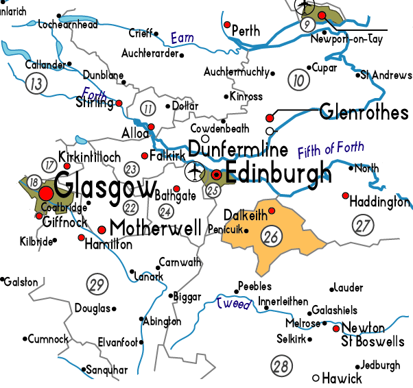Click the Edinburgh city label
point(279,175)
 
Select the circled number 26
point(271,236)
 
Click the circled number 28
point(280,366)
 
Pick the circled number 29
point(98,283)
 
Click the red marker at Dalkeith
point(272,210)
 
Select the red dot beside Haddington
point(346,195)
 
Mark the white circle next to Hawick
point(316,378)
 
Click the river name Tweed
point(233,303)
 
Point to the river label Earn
point(182,39)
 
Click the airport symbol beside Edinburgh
point(195,169)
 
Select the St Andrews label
point(386,74)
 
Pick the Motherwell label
point(156,228)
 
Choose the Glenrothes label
point(364,113)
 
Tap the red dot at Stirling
point(119,103)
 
